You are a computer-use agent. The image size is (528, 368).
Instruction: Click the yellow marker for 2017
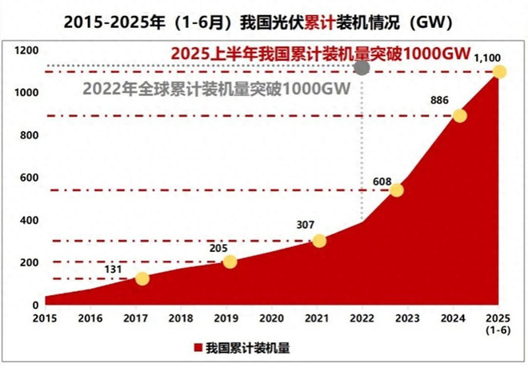[x=142, y=278]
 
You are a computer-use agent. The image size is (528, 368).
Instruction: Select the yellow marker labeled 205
[x=230, y=262]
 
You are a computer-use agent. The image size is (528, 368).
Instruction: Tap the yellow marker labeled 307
[x=319, y=241]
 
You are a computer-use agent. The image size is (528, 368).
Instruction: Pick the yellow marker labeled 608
[x=396, y=190]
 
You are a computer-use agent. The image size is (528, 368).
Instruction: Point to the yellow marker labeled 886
[x=459, y=115]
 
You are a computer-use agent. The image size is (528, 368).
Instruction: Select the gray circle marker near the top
[x=362, y=67]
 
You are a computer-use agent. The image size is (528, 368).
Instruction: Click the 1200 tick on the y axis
[x=27, y=50]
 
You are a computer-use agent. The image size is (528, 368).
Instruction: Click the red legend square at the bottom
[x=197, y=348]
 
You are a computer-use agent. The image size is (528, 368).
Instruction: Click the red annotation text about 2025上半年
[x=320, y=54]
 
